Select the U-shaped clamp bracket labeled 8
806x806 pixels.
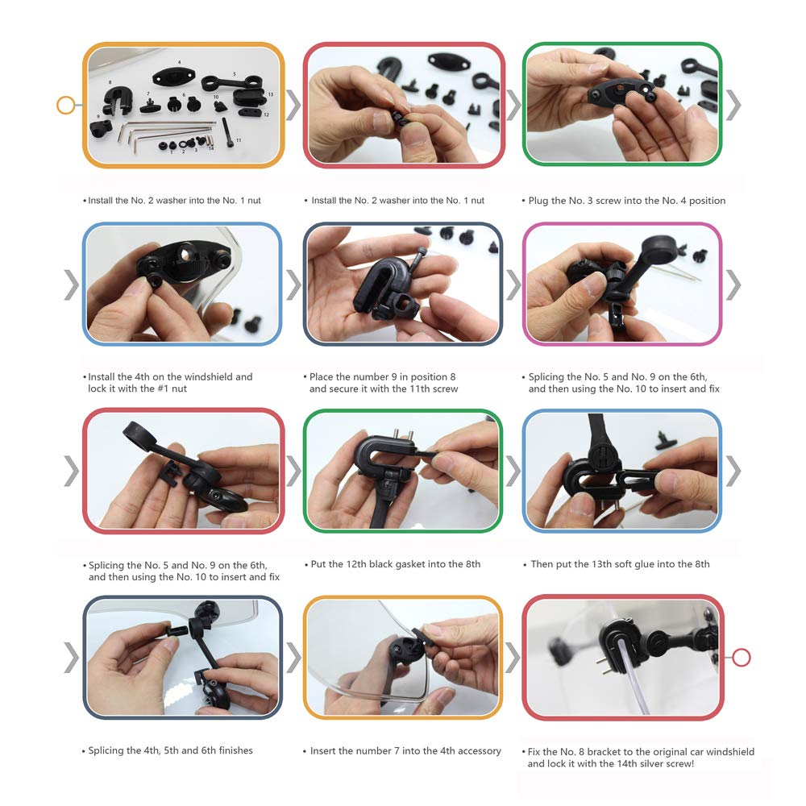pos(118,99)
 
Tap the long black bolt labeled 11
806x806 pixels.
pos(228,131)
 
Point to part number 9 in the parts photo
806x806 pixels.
pos(101,127)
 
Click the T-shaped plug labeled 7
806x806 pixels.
pos(150,106)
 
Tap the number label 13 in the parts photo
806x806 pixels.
pos(270,94)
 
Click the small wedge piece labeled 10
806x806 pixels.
pos(220,106)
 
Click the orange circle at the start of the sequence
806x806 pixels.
pos(65,105)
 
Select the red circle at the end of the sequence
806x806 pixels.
pos(741,657)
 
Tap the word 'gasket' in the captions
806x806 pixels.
pos(409,564)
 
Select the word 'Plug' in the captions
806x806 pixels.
pos(538,201)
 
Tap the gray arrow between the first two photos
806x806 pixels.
pos(293,105)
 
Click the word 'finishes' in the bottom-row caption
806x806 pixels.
pos(235,750)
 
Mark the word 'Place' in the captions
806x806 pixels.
pos(321,376)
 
